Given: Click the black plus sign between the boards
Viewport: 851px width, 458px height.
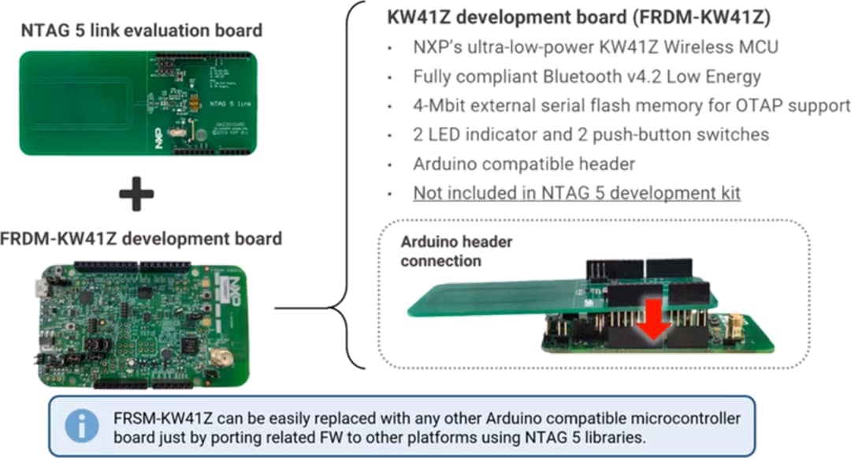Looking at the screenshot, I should coord(136,194).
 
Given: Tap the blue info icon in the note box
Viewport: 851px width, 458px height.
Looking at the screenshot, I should coord(82,426).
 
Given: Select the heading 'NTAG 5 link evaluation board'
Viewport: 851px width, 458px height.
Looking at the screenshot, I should coord(141,32).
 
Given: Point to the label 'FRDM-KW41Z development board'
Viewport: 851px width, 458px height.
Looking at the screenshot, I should coord(141,238).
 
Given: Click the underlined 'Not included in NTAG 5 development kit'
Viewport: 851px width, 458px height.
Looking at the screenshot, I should coord(577,192).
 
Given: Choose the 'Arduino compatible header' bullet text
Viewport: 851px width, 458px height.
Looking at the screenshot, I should coord(524,164).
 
